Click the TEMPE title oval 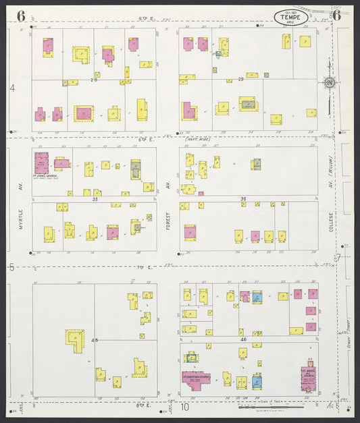click(291, 17)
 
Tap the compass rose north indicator click(330, 83)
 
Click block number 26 click(94, 80)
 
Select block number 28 click(240, 80)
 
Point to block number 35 click(95, 199)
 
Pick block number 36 click(242, 198)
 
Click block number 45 click(95, 340)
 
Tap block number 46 click(242, 339)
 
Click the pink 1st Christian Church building click(195, 379)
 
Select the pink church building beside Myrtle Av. click(42, 163)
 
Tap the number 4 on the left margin click(12, 88)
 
